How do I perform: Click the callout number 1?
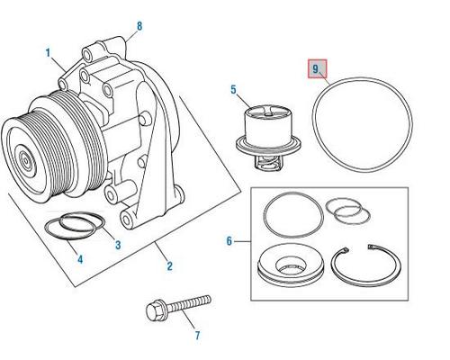point(48,53)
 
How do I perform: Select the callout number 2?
point(170,265)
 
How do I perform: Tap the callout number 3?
point(118,245)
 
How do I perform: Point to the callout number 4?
point(80,259)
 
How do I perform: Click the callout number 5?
point(234,90)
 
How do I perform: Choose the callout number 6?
point(229,241)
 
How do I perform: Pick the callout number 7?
point(197,335)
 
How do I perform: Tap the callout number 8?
point(139,26)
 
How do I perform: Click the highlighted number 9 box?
point(317,68)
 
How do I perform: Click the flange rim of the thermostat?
point(268,145)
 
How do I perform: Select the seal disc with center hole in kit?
point(291,265)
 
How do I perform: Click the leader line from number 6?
point(242,241)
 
